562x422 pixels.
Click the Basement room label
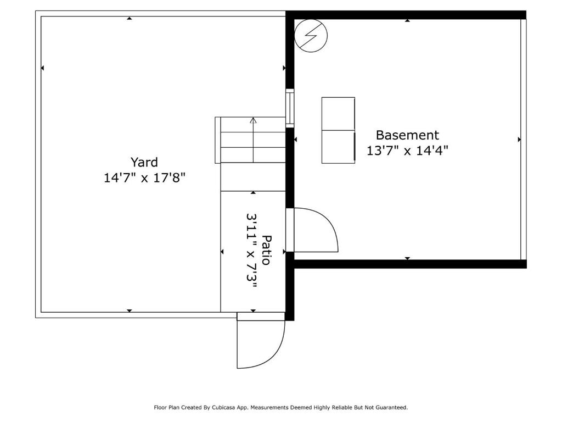point(407,135)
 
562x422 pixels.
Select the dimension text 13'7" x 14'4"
point(407,151)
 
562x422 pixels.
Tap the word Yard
point(144,162)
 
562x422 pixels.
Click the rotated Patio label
point(266,250)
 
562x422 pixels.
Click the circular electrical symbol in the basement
point(311,36)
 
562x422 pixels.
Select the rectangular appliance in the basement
point(338,130)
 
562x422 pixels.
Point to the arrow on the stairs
point(253,121)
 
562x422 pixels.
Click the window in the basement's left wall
point(290,108)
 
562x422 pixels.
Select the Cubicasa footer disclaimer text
point(280,408)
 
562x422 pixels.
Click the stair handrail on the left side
point(217,140)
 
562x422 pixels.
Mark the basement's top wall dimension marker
point(407,20)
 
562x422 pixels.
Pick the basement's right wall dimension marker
point(519,140)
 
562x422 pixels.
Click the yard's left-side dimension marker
point(43,68)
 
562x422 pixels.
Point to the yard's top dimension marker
point(130,19)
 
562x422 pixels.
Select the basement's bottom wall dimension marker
point(407,258)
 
